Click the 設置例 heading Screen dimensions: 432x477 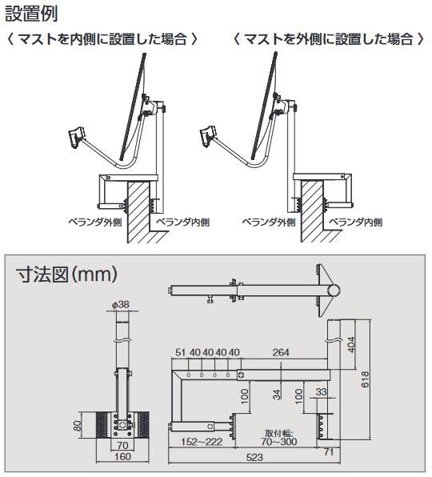tap(31, 14)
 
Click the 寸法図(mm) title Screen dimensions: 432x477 tap(66, 274)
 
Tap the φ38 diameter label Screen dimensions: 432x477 tap(121, 304)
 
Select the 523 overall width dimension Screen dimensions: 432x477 tap(254, 457)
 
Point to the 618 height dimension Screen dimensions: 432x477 tap(365, 379)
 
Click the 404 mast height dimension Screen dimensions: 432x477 tap(351, 345)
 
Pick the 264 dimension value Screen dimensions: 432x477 tap(281, 352)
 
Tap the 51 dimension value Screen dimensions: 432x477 tap(180, 352)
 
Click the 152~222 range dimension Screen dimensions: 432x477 tap(202, 442)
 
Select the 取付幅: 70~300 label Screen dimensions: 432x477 tap(278, 437)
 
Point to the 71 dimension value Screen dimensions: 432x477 tap(329, 452)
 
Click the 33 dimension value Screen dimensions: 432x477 tap(321, 391)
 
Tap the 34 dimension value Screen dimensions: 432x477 tap(276, 395)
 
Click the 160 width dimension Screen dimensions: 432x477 tap(122, 457)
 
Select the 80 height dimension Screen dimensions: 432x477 tap(78, 426)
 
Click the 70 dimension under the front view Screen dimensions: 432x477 tap(122, 445)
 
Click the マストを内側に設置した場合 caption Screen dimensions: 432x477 tap(102, 39)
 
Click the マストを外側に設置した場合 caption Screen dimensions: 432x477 tap(329, 39)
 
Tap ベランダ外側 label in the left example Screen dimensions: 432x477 tap(95, 222)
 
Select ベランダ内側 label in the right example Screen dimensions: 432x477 tap(356, 222)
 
